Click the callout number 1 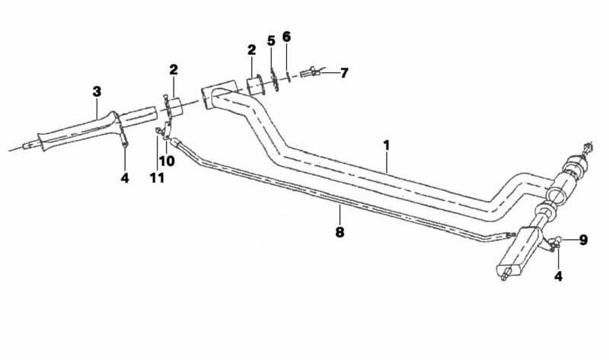[x=386, y=145]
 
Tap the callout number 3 [x=97, y=92]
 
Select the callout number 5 [x=271, y=40]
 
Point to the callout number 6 [x=286, y=37]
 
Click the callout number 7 [x=344, y=73]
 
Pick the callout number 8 [x=340, y=232]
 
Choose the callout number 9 [x=583, y=240]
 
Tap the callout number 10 [x=167, y=161]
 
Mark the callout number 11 [x=157, y=178]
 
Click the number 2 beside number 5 [x=252, y=50]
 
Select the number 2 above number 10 [x=174, y=70]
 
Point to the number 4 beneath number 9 [x=558, y=276]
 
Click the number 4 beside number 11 [x=125, y=178]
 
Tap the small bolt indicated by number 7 [x=309, y=72]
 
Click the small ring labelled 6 [x=288, y=76]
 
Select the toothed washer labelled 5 [x=275, y=80]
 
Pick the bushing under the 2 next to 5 [x=256, y=86]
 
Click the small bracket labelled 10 [x=167, y=129]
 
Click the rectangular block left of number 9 [x=518, y=250]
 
